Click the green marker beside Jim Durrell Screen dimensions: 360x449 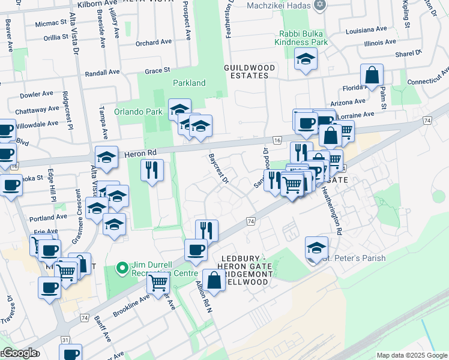pos(122,267)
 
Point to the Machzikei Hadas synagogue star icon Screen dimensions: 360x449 pos(319,5)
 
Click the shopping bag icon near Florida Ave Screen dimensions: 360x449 pos(372,76)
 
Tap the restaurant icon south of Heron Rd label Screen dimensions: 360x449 pos(152,170)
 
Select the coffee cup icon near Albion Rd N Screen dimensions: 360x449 pos(195,250)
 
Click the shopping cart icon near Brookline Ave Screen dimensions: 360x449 pos(157,283)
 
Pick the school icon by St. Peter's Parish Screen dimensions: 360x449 pos(316,247)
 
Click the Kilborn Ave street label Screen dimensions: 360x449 pos(94,4)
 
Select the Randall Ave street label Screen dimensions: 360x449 pos(103,72)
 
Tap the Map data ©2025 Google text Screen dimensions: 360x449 pos(411,355)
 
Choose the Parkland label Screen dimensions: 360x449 pos(189,83)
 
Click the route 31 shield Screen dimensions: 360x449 pos(64,340)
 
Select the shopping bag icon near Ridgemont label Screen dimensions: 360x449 pos(214,280)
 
